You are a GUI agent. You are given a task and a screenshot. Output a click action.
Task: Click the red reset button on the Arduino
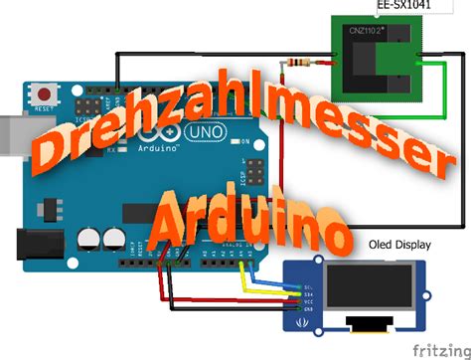(x=43, y=90)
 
